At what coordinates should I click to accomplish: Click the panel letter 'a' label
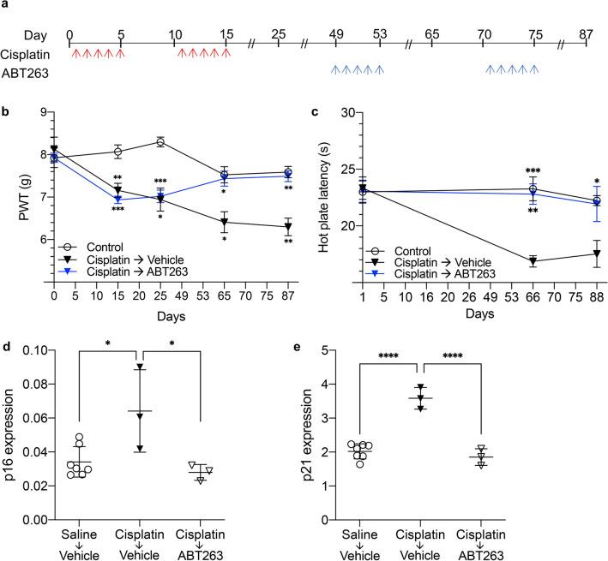pos(5,7)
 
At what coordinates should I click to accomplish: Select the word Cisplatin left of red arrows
pos(27,54)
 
